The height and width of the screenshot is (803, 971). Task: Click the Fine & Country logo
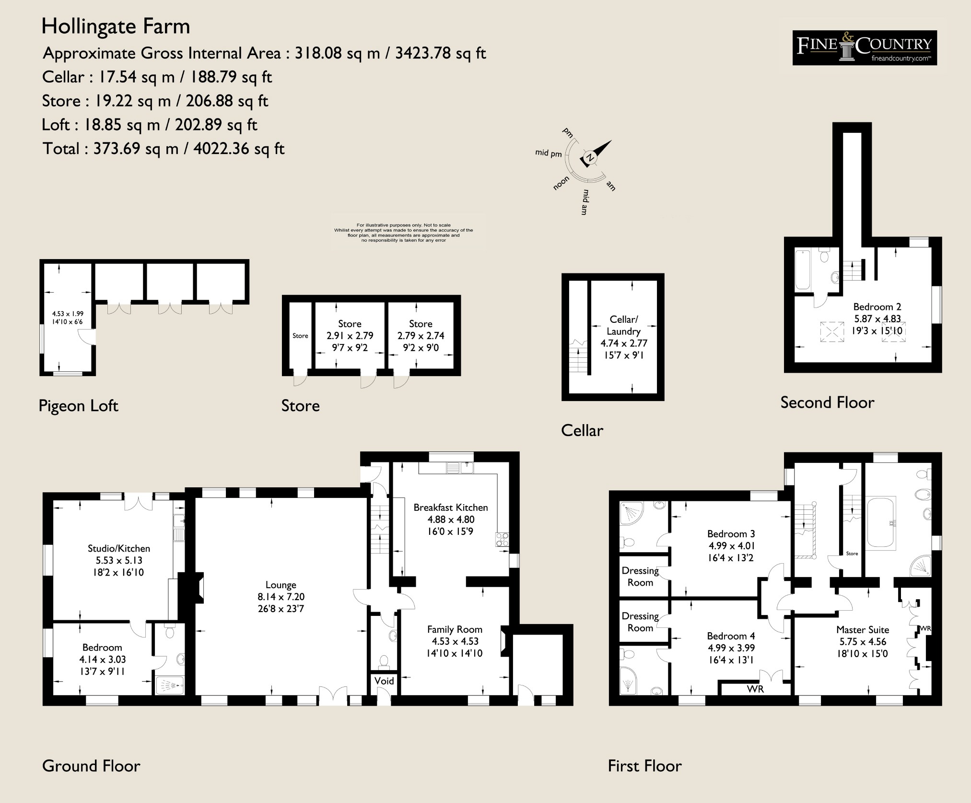coord(865,47)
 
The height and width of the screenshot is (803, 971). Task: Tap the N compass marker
coord(590,158)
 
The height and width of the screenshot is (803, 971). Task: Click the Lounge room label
coord(281,585)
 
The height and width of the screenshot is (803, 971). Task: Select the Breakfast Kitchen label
coord(451,507)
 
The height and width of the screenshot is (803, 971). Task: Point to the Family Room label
coord(455,629)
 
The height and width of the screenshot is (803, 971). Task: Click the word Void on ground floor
coord(384,681)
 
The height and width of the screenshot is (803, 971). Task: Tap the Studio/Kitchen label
coord(119,548)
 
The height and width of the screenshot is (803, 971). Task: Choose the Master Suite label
coord(863,630)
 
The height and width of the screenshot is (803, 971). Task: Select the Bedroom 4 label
coord(731,636)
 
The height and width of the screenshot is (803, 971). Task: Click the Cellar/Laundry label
coord(623,325)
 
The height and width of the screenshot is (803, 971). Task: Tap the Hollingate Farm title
coord(116,26)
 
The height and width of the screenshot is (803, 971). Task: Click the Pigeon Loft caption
coord(78,406)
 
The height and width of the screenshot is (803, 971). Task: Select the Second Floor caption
coord(827,402)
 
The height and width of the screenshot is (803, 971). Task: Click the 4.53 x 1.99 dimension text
coord(68,314)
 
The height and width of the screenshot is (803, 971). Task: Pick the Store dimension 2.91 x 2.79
coord(350,336)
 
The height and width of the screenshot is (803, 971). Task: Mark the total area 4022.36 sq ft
coord(239,149)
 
